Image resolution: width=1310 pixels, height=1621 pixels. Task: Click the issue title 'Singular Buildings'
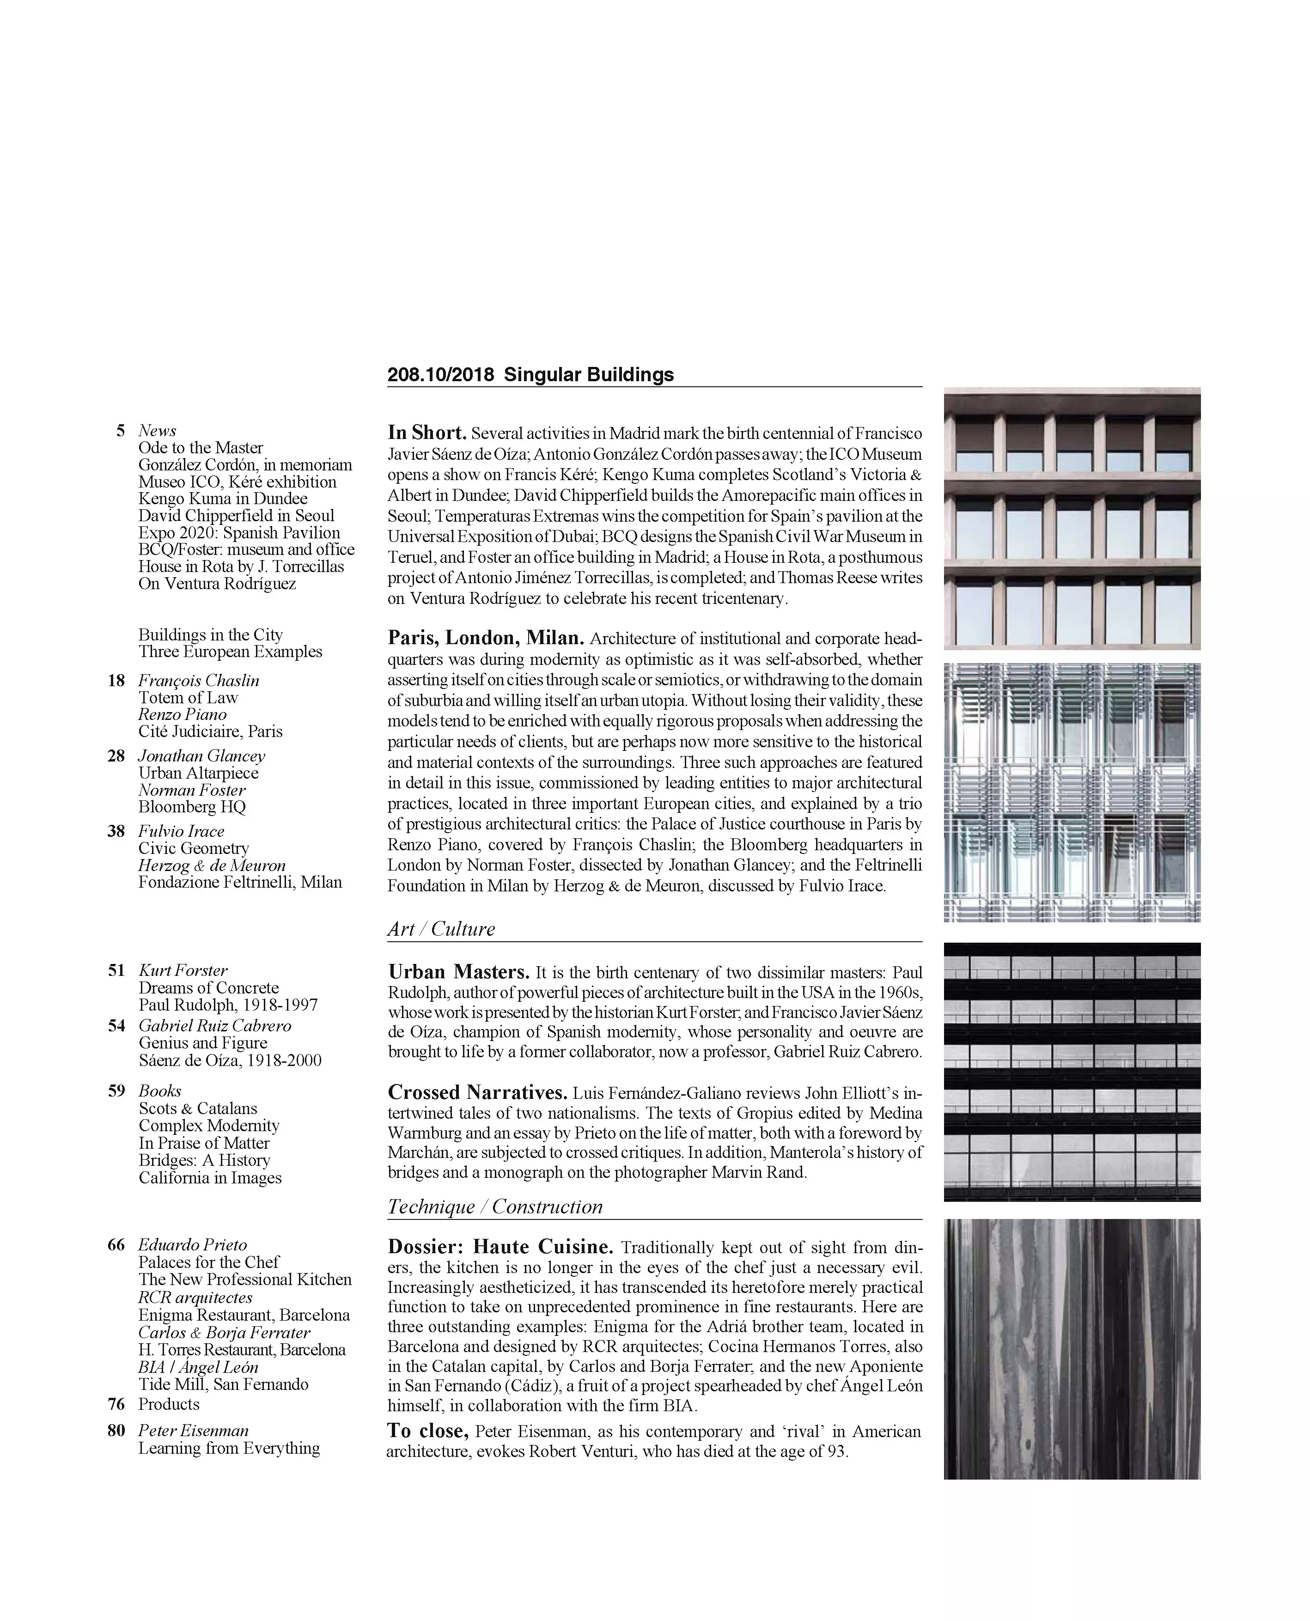click(589, 375)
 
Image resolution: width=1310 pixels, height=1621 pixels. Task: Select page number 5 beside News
click(120, 431)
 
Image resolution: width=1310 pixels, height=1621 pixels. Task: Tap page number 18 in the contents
click(116, 681)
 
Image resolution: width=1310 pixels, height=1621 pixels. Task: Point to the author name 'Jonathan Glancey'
click(201, 756)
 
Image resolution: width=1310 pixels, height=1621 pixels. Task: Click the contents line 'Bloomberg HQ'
click(192, 807)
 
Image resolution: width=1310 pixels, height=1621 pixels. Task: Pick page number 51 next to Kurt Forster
click(116, 970)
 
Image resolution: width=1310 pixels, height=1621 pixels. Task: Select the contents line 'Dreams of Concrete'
click(208, 988)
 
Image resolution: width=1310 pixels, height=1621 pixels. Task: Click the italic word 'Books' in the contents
click(160, 1091)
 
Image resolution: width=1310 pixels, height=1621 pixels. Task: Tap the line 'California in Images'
click(210, 1178)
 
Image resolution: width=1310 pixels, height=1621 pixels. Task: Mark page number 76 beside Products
click(116, 1404)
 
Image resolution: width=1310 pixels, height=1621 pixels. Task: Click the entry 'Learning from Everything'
click(229, 1448)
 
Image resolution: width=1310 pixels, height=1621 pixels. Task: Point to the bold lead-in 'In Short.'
click(427, 433)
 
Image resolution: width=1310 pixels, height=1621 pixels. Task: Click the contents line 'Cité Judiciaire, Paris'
click(211, 731)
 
